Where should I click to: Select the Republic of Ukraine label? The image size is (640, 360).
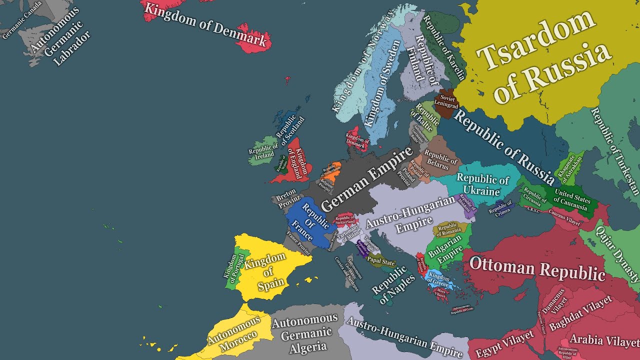click(x=482, y=185)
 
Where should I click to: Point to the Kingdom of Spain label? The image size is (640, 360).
click(x=266, y=271)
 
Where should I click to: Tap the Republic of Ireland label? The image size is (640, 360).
click(x=263, y=151)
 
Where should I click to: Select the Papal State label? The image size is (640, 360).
click(x=381, y=261)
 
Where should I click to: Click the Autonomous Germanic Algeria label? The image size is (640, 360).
click(x=305, y=333)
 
